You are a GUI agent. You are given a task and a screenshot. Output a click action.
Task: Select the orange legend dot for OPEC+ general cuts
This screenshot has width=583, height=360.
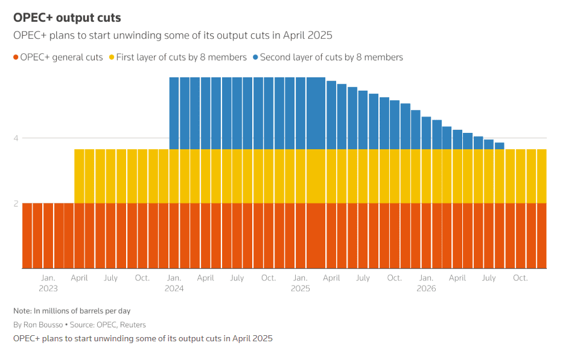click(16, 57)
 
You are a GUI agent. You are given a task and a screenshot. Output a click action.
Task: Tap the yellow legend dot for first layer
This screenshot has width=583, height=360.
click(111, 57)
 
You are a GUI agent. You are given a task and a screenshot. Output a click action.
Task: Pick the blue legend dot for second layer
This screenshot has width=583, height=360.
click(256, 57)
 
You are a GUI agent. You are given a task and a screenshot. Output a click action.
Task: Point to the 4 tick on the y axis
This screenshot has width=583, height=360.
click(16, 138)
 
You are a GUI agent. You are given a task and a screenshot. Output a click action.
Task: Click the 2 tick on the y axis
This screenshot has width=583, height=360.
click(16, 204)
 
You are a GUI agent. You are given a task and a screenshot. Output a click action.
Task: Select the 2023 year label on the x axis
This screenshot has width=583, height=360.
click(48, 289)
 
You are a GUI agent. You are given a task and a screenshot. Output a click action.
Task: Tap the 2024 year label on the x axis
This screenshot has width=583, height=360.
click(174, 289)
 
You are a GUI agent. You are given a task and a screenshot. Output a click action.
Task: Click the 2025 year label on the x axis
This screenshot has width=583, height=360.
click(300, 289)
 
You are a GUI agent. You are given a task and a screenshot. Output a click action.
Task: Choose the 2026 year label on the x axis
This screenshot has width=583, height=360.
click(426, 289)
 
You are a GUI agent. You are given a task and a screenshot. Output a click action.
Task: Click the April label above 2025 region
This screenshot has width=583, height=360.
click(331, 278)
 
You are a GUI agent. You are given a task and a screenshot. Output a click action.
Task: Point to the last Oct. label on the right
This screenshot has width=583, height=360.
click(520, 278)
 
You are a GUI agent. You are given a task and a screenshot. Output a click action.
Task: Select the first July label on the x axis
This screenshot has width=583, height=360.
click(110, 278)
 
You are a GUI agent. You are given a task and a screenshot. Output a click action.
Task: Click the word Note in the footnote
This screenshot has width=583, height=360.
click(22, 311)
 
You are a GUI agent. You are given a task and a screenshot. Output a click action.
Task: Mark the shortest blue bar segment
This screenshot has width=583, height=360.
click(500, 146)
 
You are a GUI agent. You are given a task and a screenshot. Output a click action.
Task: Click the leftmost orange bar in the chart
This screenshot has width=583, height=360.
click(27, 236)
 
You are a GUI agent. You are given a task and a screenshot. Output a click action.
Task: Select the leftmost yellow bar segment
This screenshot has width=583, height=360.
click(79, 176)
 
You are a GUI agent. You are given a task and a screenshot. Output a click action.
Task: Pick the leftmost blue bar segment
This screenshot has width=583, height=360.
click(174, 113)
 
